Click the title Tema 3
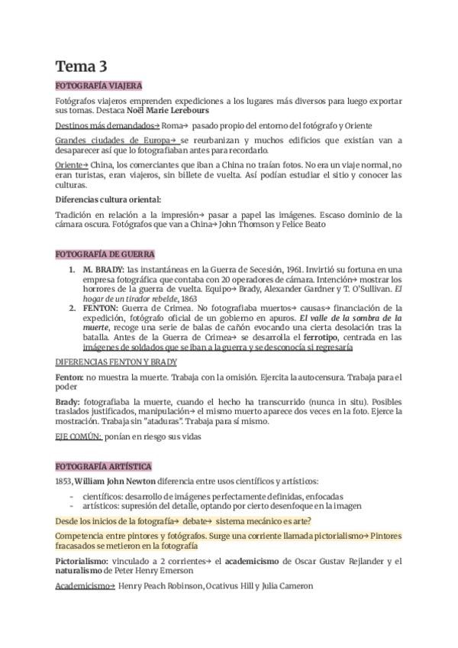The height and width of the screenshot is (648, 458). (x=81, y=67)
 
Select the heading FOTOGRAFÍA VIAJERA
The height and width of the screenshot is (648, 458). (x=98, y=86)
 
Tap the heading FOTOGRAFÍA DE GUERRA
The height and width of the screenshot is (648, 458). (x=105, y=254)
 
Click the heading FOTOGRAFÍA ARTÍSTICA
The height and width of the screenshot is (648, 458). (x=103, y=466)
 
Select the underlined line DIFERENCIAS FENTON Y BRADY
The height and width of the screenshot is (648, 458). (x=116, y=361)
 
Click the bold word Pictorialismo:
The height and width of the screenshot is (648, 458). (x=85, y=562)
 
